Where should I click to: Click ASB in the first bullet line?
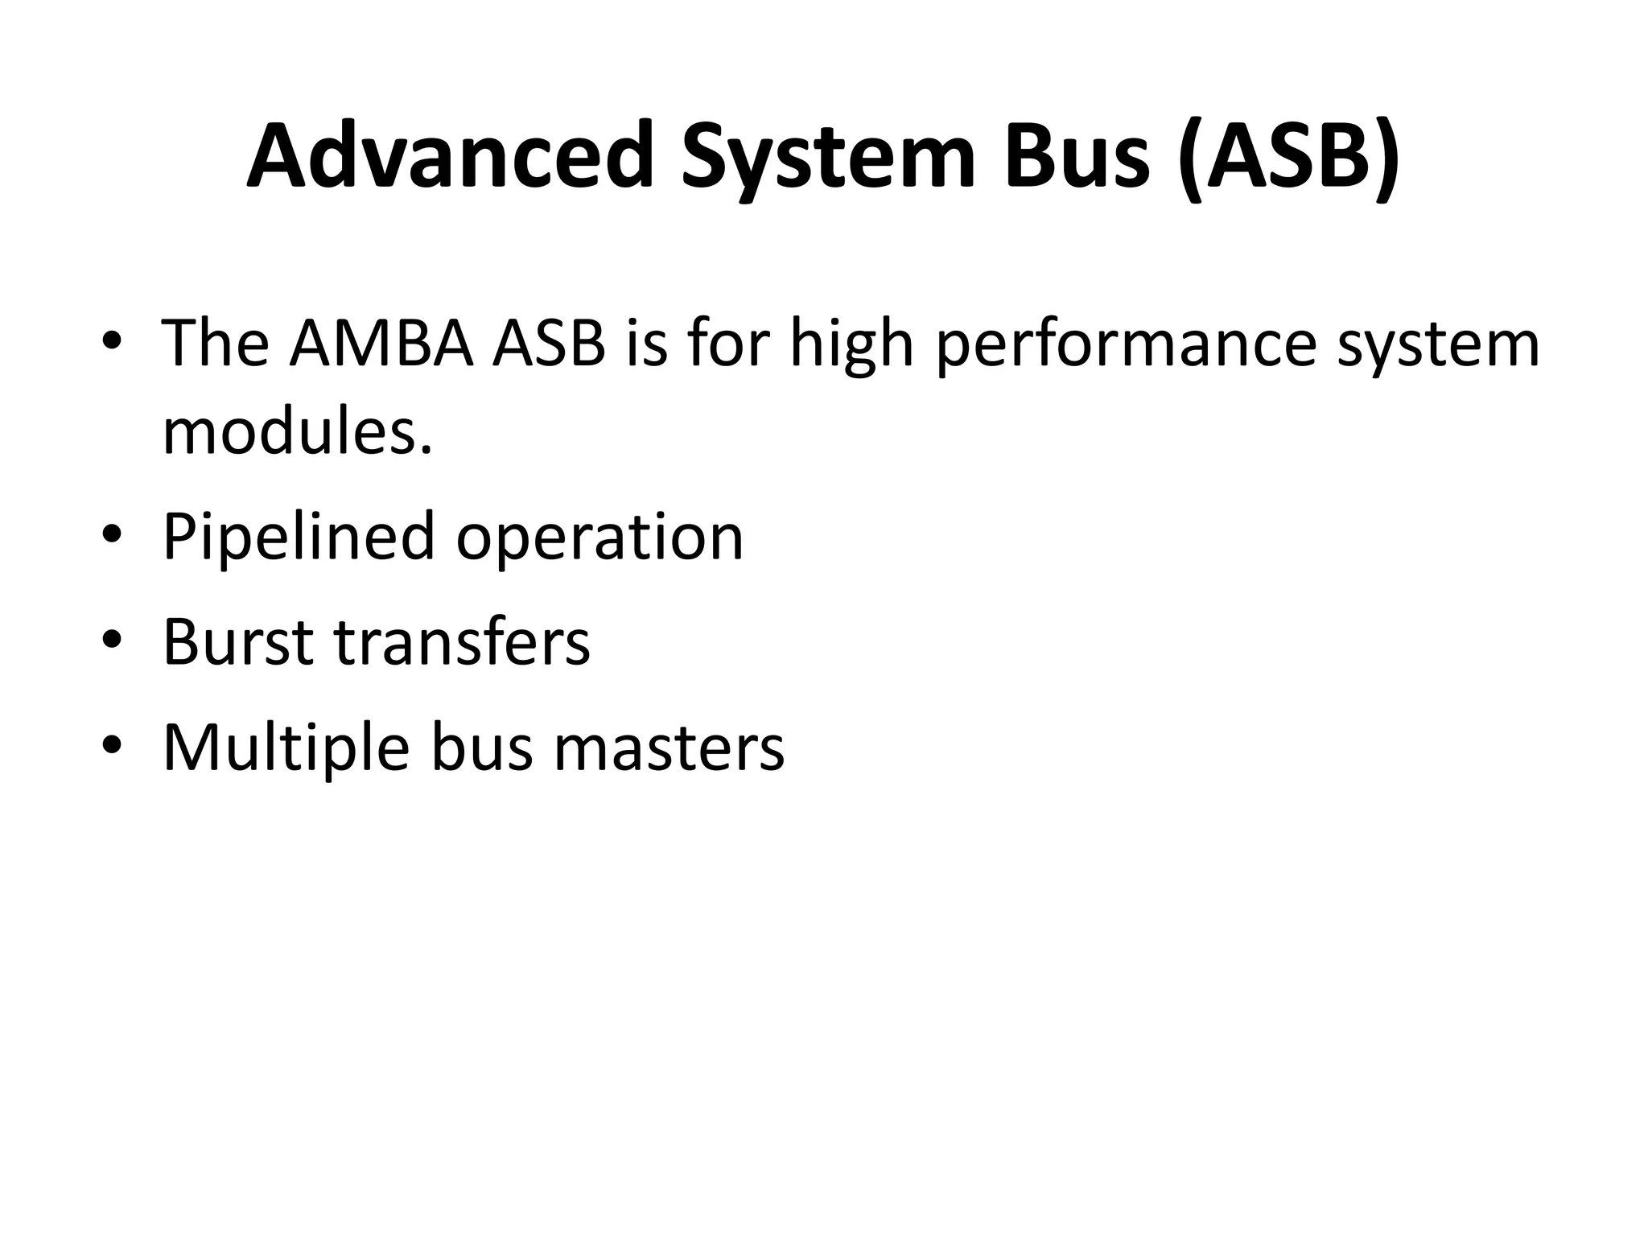[x=550, y=344]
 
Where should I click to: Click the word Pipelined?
[x=299, y=537]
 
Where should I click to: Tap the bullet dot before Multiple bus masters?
[x=112, y=746]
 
